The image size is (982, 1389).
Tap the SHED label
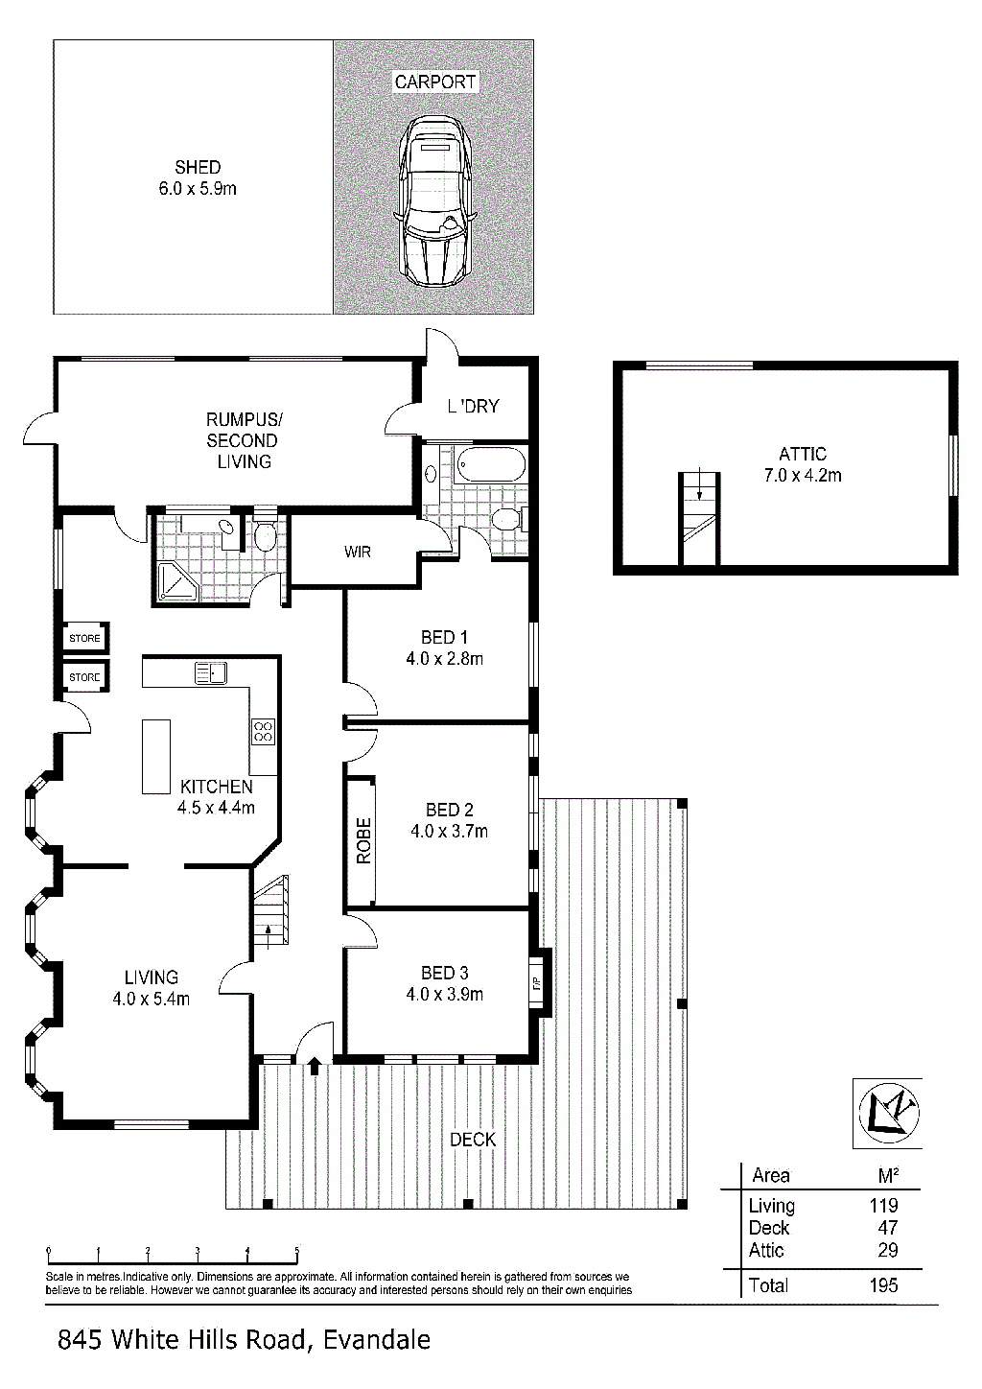click(198, 168)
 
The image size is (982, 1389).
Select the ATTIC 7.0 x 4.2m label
click(803, 464)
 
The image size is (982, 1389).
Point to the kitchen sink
click(211, 672)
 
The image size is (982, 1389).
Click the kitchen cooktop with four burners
click(263, 732)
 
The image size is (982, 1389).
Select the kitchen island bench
click(156, 757)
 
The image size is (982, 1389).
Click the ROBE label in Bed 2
click(363, 841)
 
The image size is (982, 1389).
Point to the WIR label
click(357, 553)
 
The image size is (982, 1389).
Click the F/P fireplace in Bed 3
click(537, 982)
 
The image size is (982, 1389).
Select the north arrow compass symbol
click(888, 1113)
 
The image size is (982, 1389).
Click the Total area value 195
click(883, 1285)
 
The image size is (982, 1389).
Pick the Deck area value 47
click(888, 1228)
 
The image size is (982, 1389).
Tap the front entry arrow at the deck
click(315, 1065)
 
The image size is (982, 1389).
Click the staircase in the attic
click(700, 519)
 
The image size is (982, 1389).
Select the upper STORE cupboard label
click(84, 638)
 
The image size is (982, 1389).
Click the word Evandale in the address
click(377, 1340)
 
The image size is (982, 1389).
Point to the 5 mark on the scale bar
click(297, 1251)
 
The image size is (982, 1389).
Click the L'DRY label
click(474, 407)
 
